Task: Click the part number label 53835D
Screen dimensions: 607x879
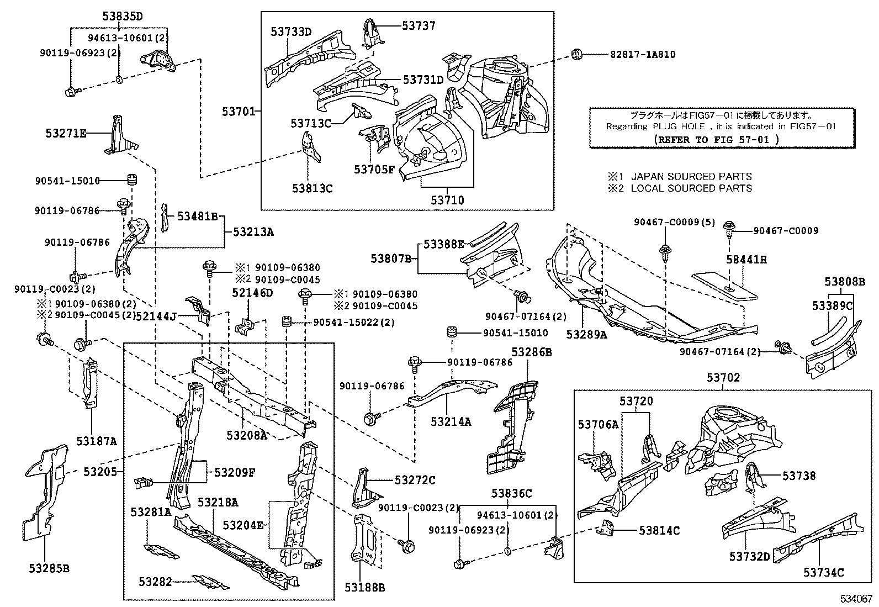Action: [122, 16]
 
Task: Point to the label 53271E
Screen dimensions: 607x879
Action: [66, 133]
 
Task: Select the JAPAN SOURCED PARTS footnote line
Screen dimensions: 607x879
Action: [680, 177]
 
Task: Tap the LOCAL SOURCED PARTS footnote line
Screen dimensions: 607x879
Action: [680, 188]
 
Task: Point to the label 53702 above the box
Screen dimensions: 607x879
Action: [723, 378]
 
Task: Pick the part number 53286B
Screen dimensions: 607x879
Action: [531, 352]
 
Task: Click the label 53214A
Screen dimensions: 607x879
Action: [451, 422]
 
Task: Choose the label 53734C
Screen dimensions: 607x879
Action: [823, 572]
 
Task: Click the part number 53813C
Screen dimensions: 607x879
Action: [313, 188]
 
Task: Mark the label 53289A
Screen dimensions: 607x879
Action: [586, 334]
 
